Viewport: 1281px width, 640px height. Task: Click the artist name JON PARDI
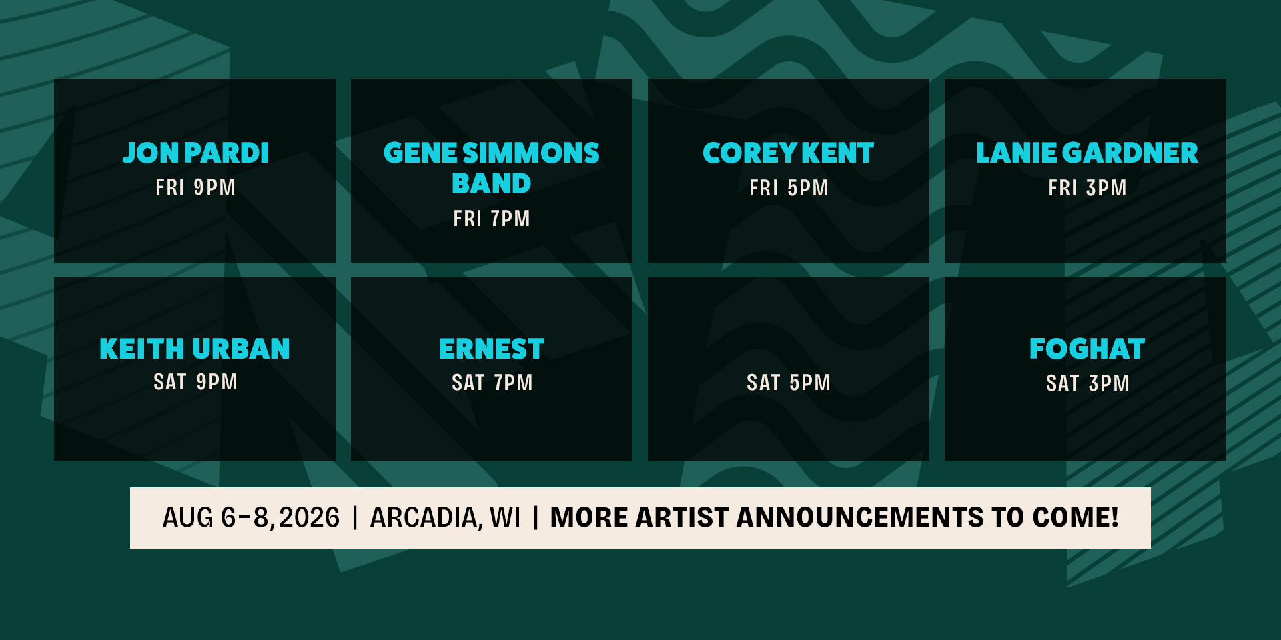point(195,153)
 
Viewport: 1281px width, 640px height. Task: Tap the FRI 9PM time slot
point(195,187)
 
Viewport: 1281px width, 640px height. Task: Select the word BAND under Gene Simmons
point(492,183)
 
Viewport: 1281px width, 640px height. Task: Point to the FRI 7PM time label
point(492,218)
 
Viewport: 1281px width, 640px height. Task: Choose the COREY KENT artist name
point(788,153)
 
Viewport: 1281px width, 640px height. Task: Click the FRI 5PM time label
point(789,188)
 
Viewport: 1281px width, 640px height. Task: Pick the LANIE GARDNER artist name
point(1087,153)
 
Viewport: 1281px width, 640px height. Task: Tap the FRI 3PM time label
point(1087,188)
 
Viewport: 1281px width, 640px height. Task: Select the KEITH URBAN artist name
point(195,349)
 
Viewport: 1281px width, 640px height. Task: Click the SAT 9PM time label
point(195,382)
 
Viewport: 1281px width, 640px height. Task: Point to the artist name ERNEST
point(492,349)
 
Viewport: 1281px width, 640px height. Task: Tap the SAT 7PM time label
point(492,383)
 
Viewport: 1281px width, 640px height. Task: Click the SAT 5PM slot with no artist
point(789,383)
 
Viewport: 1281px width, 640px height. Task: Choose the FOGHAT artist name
point(1087,349)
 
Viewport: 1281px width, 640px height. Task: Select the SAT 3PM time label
point(1088,383)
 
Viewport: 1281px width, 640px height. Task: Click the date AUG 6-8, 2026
point(251,518)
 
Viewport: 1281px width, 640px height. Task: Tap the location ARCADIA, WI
point(445,518)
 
